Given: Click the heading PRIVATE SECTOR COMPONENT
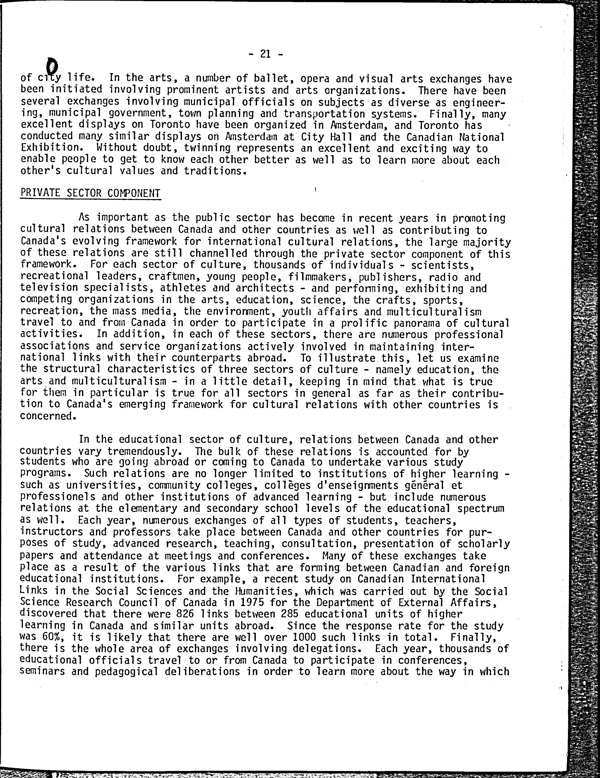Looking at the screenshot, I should coord(90,193).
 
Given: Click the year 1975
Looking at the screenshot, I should coord(252,602).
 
